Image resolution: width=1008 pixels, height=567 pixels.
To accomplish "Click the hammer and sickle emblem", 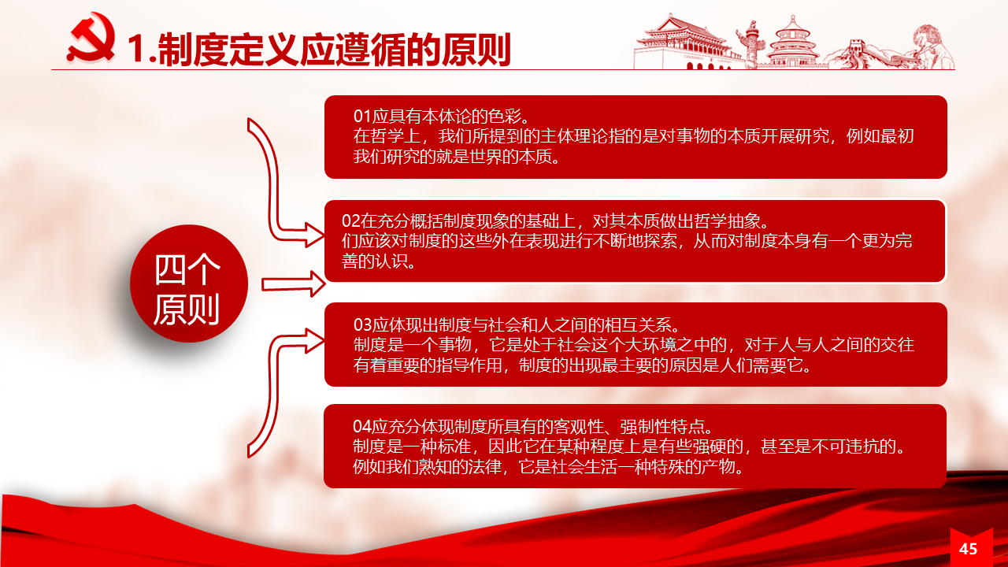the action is [x=91, y=37].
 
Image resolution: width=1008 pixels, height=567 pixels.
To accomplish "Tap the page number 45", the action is [x=968, y=549].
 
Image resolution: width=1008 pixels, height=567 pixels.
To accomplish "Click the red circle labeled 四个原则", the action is [x=189, y=283].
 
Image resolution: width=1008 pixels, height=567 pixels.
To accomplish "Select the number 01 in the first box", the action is [x=362, y=116].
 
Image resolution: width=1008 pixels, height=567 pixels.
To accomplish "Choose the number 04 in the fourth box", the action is [x=362, y=426].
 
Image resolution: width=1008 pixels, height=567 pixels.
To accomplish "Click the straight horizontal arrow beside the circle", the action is [x=294, y=284].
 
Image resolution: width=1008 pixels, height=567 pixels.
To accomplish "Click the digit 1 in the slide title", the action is [x=137, y=50].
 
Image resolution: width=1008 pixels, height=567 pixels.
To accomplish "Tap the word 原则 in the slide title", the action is [x=476, y=50].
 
